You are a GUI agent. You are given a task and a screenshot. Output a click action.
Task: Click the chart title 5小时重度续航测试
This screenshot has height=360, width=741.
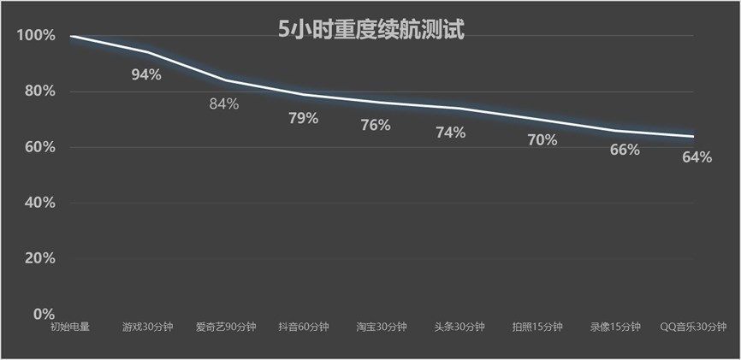[370, 30]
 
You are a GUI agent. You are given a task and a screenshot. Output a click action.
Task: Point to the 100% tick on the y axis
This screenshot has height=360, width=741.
[35, 36]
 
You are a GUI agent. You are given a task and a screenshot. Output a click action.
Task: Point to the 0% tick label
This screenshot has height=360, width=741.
[43, 314]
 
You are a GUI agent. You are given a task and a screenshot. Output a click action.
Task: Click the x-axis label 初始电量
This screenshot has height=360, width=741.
[69, 327]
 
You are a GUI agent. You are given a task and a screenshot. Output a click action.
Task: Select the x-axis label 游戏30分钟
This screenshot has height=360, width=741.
[147, 327]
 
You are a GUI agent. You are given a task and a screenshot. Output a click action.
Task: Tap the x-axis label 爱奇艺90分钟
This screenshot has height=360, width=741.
[225, 327]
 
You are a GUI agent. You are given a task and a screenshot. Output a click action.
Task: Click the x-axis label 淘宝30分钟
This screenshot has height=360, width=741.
[381, 327]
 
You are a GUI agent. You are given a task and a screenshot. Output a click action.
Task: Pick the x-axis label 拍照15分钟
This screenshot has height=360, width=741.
[537, 327]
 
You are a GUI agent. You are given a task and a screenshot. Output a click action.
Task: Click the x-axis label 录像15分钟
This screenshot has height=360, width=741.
[615, 327]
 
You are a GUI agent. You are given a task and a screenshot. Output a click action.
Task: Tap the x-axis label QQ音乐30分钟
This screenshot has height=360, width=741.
[694, 327]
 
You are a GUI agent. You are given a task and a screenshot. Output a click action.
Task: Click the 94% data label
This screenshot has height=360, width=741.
[146, 74]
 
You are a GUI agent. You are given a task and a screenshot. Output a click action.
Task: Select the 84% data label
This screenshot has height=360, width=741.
[224, 104]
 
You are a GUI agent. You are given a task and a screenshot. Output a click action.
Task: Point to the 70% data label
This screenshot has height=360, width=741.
[542, 139]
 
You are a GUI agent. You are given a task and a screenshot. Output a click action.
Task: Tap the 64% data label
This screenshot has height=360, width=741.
[697, 157]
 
